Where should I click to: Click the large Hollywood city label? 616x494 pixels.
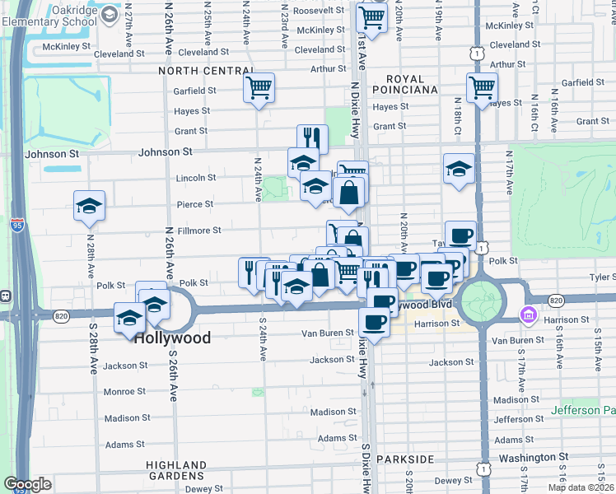(x=172, y=338)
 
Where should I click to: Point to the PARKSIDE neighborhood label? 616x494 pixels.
(x=404, y=459)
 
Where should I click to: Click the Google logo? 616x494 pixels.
(x=27, y=483)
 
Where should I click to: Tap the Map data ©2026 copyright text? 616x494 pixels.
(x=581, y=487)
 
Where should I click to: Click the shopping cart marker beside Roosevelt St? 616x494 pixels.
(x=372, y=17)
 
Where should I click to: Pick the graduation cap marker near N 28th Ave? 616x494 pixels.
(x=89, y=206)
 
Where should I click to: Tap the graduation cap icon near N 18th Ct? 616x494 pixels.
(x=459, y=170)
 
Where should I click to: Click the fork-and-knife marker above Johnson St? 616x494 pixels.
(x=312, y=138)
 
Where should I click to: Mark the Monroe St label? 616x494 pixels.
(x=124, y=391)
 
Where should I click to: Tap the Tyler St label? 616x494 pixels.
(x=600, y=277)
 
